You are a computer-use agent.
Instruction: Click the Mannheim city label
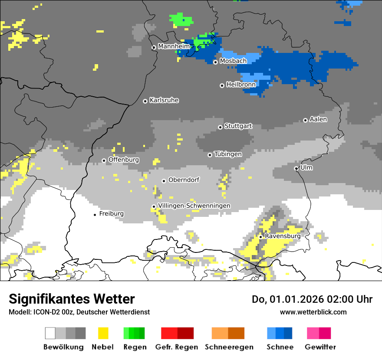coord(174,46)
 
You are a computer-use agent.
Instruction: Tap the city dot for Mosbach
coord(215,62)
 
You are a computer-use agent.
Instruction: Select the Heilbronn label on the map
coord(241,85)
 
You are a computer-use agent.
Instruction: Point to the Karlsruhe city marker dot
coord(145,101)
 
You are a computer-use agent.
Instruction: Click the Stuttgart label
coord(238,126)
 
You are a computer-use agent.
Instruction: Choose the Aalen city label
coord(318,119)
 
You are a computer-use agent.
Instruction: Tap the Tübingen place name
coord(228,154)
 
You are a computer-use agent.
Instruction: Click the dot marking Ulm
coord(296,168)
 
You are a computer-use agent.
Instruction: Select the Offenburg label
coord(124,160)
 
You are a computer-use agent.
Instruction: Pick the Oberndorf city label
coord(184,180)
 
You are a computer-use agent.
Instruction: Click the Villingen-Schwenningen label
coord(194,206)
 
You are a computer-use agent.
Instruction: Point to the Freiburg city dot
coord(95,215)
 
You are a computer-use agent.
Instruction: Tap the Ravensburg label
coord(283,236)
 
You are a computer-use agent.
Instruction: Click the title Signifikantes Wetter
coord(72,299)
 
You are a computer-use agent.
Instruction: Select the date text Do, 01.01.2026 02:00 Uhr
coord(312,299)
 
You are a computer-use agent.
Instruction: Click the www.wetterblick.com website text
coord(313,312)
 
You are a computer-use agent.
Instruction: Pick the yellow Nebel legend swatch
coord(103,333)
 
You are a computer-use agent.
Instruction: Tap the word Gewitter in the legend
coord(320,347)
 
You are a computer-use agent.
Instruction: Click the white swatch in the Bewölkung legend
coord(50,333)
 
